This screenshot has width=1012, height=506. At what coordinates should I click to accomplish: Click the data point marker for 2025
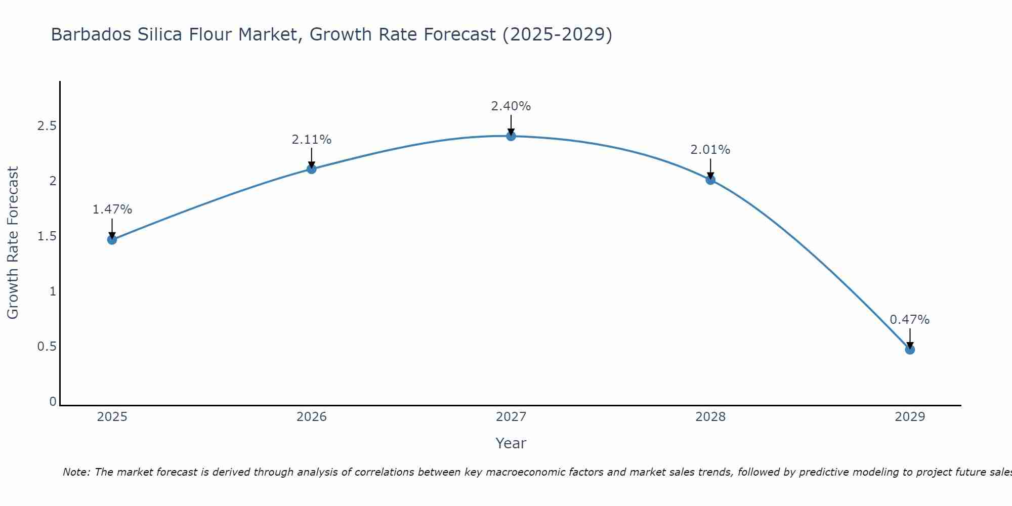(x=112, y=239)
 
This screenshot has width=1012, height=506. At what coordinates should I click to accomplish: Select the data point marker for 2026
(x=312, y=169)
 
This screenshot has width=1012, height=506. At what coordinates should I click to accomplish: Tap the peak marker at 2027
(x=511, y=136)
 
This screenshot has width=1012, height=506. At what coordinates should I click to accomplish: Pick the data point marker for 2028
(x=710, y=180)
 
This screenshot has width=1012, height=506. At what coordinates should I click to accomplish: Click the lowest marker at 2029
(x=910, y=349)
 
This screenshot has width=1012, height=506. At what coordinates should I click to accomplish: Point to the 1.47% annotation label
(x=112, y=209)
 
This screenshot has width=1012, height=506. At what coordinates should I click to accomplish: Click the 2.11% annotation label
(x=312, y=140)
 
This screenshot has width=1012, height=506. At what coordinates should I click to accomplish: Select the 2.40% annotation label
(x=511, y=106)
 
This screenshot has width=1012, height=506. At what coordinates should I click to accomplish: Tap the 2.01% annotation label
(x=710, y=150)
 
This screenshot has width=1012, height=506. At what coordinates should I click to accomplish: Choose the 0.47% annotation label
(x=910, y=320)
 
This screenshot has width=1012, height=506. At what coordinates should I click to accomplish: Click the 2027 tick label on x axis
(x=511, y=417)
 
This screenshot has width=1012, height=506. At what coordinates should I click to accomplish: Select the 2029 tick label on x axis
(x=910, y=417)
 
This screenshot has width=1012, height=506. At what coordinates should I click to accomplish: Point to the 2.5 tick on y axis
(x=47, y=126)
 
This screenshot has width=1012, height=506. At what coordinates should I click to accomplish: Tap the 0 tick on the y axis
(x=53, y=402)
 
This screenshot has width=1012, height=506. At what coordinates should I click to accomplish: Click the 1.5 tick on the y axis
(x=47, y=236)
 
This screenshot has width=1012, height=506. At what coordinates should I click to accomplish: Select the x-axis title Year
(x=511, y=443)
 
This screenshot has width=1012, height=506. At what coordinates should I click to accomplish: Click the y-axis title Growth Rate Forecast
(x=13, y=243)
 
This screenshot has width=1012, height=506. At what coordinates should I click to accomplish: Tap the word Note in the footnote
(x=75, y=472)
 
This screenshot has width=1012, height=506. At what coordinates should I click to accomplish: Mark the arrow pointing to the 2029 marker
(x=910, y=338)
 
